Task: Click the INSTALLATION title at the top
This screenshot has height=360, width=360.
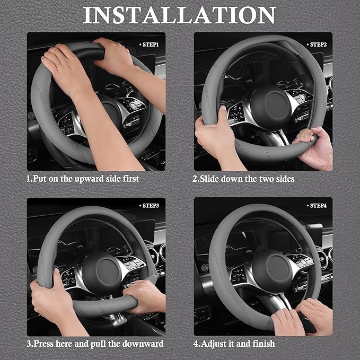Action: [180, 15]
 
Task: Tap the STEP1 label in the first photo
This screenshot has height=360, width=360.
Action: [151, 45]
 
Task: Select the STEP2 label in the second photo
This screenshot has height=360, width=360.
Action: [318, 45]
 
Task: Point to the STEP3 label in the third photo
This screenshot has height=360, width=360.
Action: [151, 205]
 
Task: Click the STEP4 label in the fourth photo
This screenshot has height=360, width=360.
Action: [318, 205]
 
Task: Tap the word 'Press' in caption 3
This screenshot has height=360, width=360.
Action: [47, 344]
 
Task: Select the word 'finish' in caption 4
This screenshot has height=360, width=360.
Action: [262, 344]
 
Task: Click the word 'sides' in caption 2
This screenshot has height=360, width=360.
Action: [283, 179]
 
